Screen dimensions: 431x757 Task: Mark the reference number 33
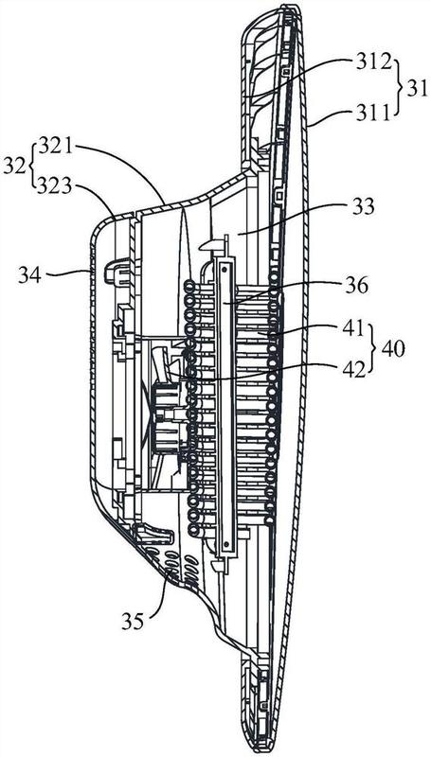(x=362, y=207)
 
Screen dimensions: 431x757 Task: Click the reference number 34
(x=30, y=275)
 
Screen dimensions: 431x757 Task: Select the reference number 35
(x=133, y=621)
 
